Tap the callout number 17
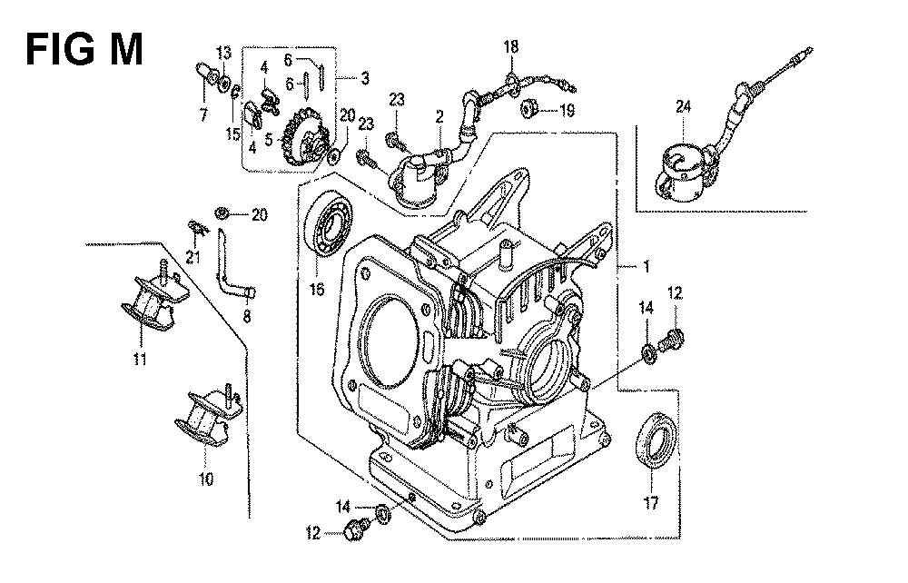pyautogui.click(x=652, y=503)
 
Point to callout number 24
pyautogui.click(x=682, y=106)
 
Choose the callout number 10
pyautogui.click(x=207, y=479)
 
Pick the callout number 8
pyautogui.click(x=246, y=317)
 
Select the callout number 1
pyautogui.click(x=646, y=268)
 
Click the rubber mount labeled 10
pyautogui.click(x=202, y=420)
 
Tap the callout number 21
pyautogui.click(x=192, y=258)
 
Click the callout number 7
pyautogui.click(x=203, y=115)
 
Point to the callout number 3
pyautogui.click(x=364, y=79)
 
